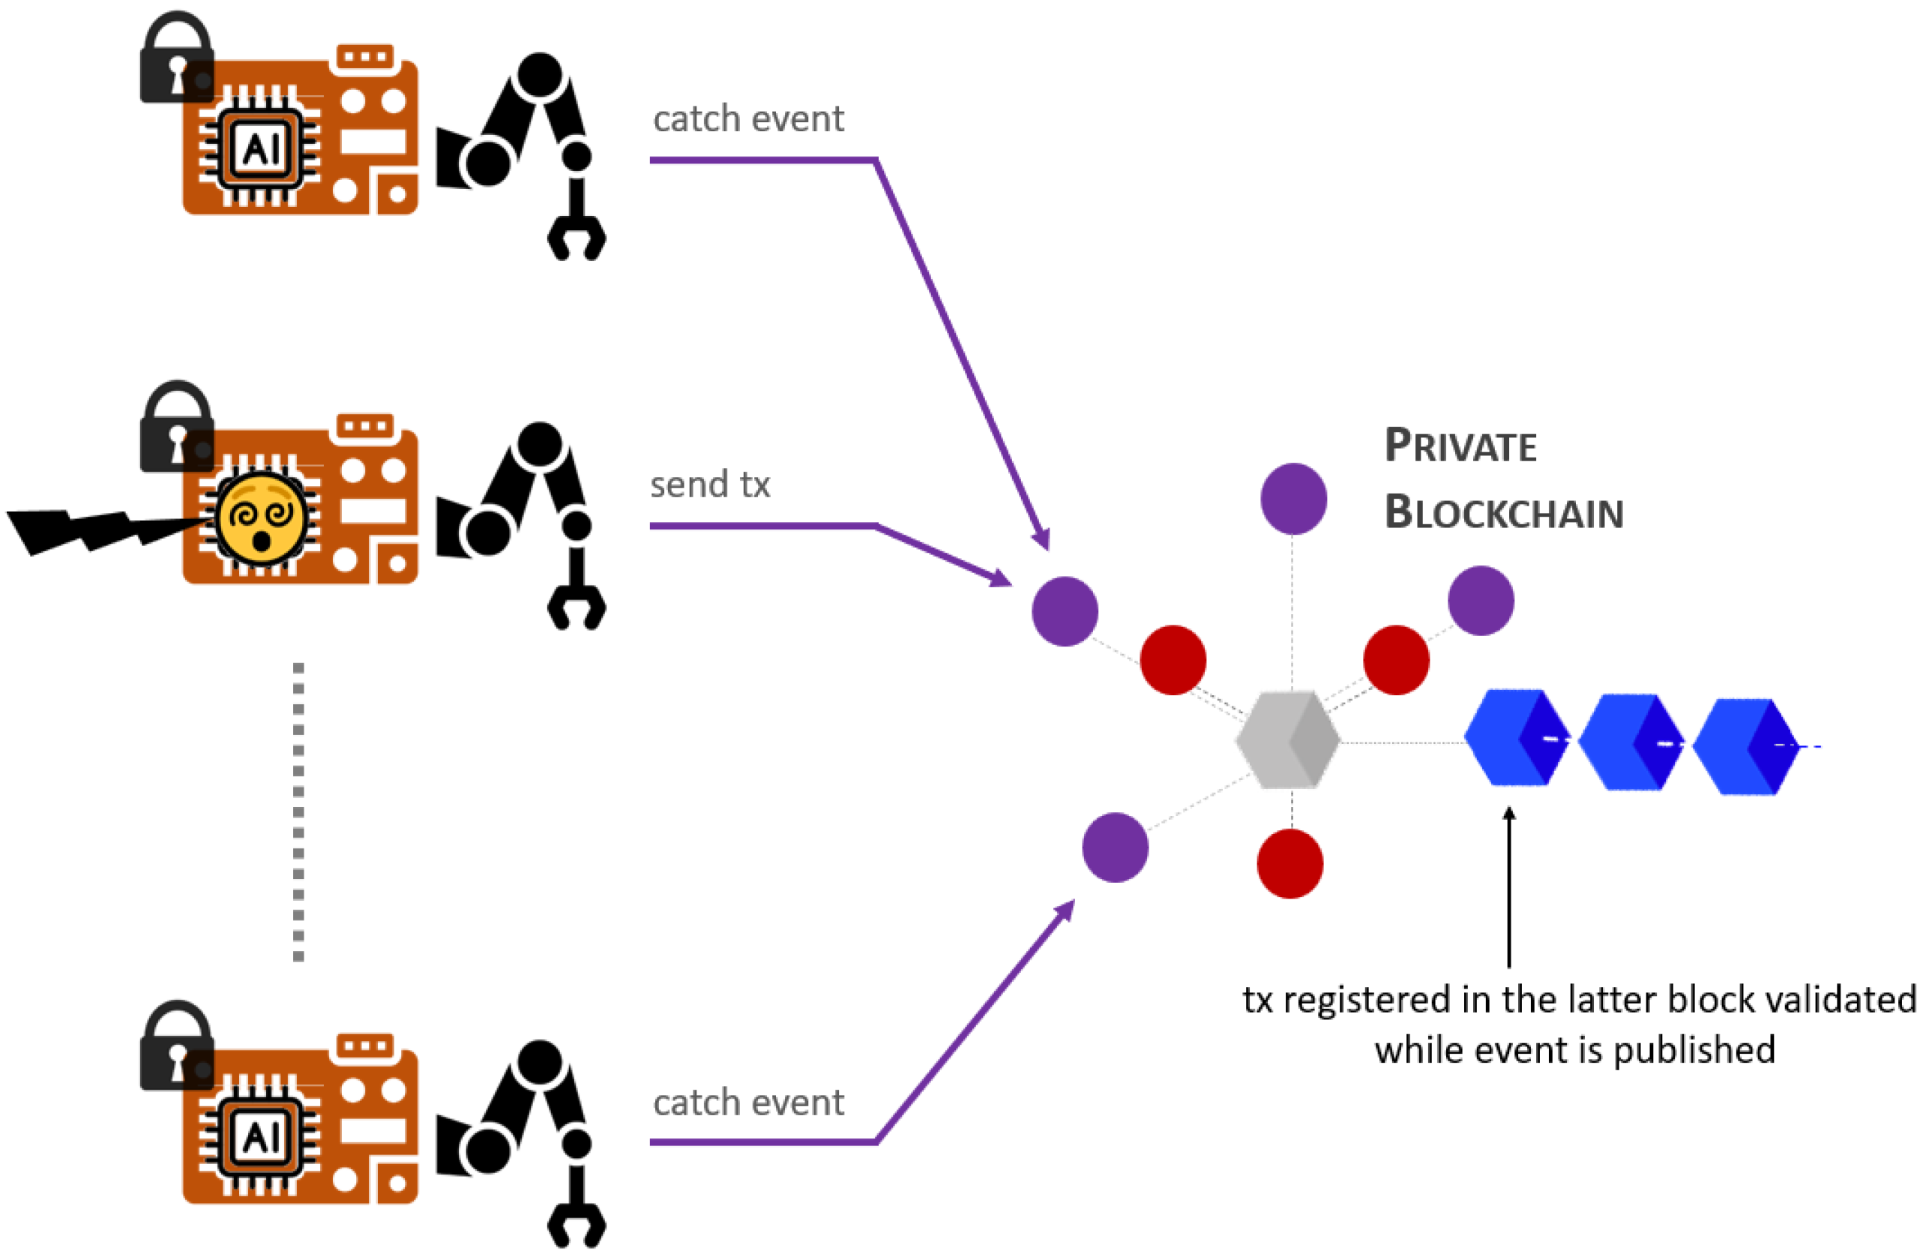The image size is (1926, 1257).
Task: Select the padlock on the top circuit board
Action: (x=176, y=61)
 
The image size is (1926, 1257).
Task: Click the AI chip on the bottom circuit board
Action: (x=261, y=1138)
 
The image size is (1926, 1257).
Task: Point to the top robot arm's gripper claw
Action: (x=577, y=235)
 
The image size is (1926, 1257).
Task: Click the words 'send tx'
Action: (x=710, y=484)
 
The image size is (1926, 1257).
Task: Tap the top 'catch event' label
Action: (x=748, y=120)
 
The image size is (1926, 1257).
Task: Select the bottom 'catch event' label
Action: (x=748, y=1103)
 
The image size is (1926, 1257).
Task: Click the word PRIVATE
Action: (x=1460, y=446)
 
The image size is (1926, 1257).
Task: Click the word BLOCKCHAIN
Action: (x=1504, y=513)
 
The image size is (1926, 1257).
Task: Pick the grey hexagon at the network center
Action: (x=1287, y=739)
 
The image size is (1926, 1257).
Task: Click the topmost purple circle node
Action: (x=1293, y=499)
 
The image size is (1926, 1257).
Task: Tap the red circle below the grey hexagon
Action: (x=1290, y=864)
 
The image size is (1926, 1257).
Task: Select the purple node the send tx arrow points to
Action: (x=1065, y=611)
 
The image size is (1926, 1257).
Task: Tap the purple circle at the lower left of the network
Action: (x=1115, y=847)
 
